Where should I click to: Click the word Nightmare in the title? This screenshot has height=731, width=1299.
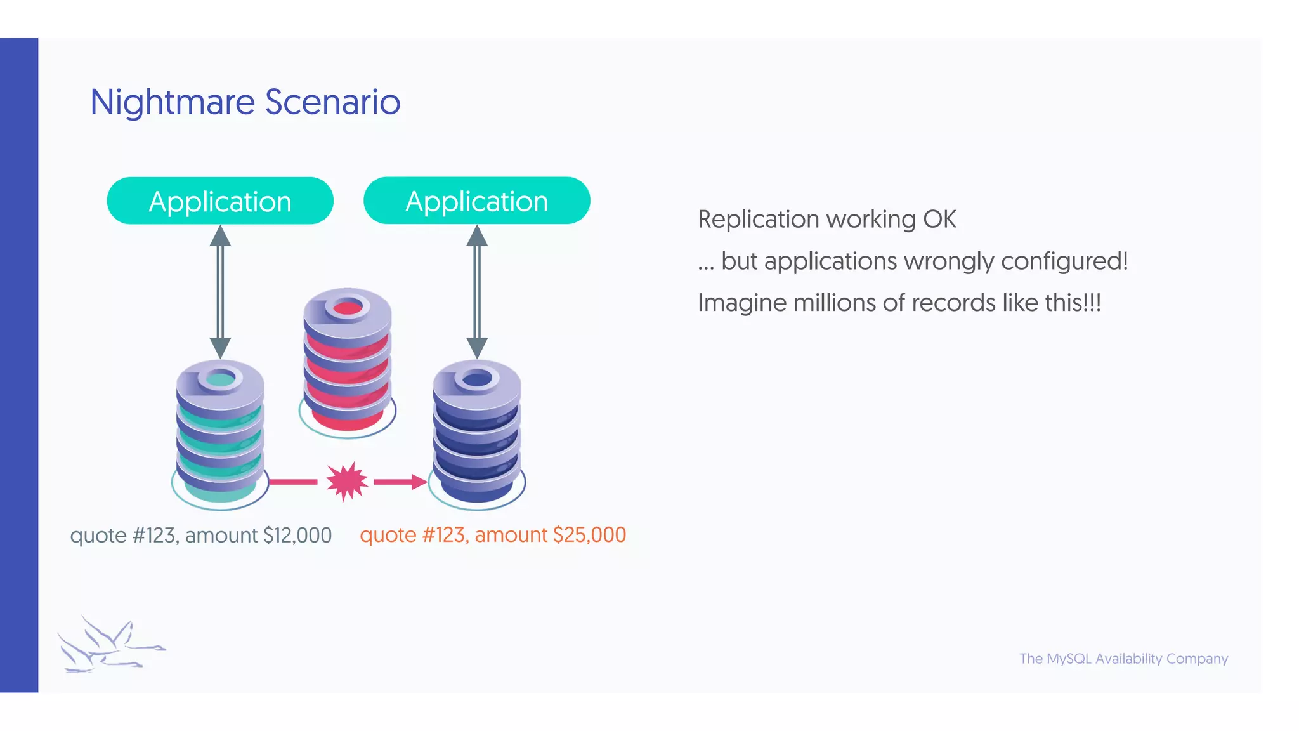click(x=172, y=102)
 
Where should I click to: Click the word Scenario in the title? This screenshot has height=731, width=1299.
click(x=332, y=102)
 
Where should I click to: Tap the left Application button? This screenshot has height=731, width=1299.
click(x=220, y=201)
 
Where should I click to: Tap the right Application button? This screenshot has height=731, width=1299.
click(x=476, y=201)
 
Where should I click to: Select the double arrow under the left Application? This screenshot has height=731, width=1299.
click(x=220, y=292)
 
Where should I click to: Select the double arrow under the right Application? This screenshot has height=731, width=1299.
click(x=477, y=292)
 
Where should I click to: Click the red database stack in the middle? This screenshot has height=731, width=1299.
click(x=347, y=362)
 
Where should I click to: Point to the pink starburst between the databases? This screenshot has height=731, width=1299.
click(x=346, y=482)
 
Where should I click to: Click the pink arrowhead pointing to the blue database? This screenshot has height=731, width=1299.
click(x=419, y=482)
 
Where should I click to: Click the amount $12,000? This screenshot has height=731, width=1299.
click(x=297, y=536)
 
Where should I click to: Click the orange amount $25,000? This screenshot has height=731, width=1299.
click(x=589, y=535)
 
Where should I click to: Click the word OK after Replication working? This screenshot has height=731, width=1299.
click(x=939, y=220)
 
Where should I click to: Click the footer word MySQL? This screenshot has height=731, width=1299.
click(x=1069, y=659)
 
